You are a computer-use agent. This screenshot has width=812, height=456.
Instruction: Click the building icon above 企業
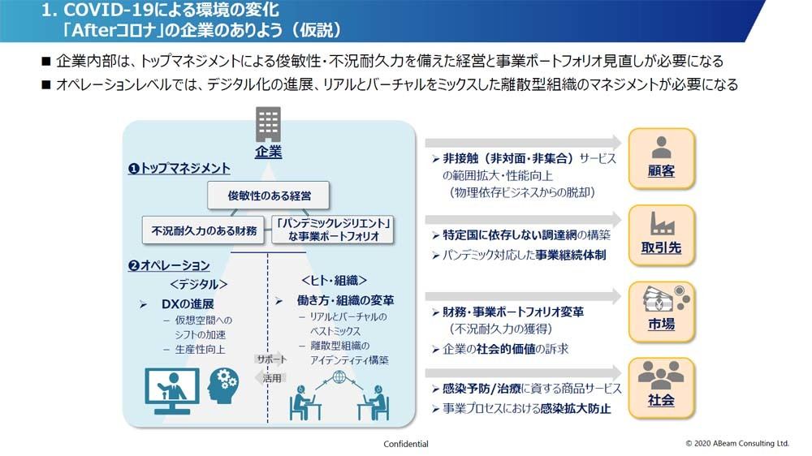tap(268, 123)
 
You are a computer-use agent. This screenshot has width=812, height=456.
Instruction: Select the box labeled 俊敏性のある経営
tap(268, 195)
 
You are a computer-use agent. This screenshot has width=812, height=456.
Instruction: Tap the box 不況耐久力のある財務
tap(204, 230)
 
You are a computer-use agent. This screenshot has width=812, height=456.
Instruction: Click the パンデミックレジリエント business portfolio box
tap(333, 230)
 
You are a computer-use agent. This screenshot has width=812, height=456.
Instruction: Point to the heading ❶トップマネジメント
tap(179, 168)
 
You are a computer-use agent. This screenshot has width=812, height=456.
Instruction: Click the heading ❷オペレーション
tap(170, 265)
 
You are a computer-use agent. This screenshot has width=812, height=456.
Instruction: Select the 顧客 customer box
tap(661, 158)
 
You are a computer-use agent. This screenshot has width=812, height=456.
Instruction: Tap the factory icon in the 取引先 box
tap(662, 224)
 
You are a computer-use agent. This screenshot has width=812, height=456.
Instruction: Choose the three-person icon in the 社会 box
tap(661, 375)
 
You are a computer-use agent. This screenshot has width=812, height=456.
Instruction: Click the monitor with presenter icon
tap(172, 391)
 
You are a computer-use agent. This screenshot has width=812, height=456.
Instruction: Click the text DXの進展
tap(188, 303)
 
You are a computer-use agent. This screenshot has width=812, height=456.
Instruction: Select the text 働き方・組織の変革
tap(345, 300)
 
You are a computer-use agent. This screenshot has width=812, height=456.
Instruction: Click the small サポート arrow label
tap(271, 359)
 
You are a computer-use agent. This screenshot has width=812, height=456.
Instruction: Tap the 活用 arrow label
tap(270, 378)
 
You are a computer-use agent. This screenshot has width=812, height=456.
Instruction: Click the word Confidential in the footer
tap(406, 444)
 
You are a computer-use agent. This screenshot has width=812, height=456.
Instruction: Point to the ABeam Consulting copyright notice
tap(737, 443)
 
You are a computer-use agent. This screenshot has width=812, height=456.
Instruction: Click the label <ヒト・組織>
tap(334, 281)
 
